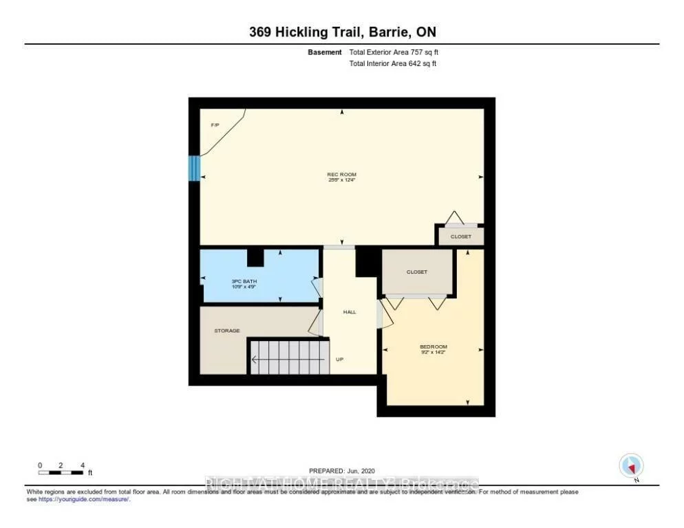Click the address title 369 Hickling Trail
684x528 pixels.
point(341,32)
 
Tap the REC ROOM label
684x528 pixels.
point(341,175)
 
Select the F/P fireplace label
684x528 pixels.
point(215,125)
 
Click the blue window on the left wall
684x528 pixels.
point(194,168)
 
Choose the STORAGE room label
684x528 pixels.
point(227,331)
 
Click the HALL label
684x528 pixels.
point(350,312)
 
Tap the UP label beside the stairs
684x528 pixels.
point(339,359)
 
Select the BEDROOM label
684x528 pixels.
point(434,346)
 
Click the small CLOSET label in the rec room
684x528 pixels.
point(461,236)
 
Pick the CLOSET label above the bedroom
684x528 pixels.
point(416,272)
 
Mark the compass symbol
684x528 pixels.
point(631,466)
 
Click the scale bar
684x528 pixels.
point(61,472)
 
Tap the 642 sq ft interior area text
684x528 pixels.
point(393,64)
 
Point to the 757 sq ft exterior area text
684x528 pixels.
point(394,52)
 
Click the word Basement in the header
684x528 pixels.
point(324,52)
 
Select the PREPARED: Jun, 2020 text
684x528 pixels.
point(341,470)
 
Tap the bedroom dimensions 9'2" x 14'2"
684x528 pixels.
point(434,353)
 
